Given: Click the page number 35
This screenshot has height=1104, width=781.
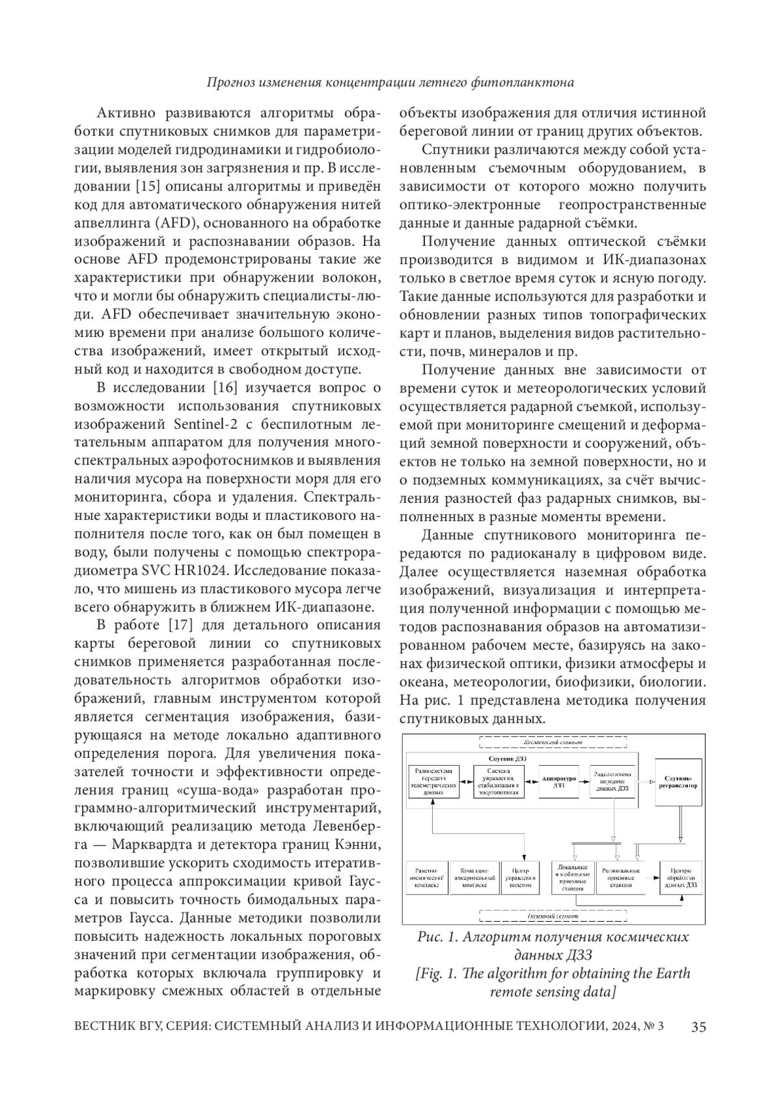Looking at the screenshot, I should click(x=698, y=1027).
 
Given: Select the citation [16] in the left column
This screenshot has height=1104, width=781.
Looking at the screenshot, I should click(x=226, y=388).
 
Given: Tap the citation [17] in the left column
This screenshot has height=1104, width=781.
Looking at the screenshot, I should click(x=182, y=626).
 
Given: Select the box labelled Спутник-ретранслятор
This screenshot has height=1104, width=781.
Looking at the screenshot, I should click(x=679, y=781).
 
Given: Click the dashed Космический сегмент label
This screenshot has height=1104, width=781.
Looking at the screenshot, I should click(x=553, y=742).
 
